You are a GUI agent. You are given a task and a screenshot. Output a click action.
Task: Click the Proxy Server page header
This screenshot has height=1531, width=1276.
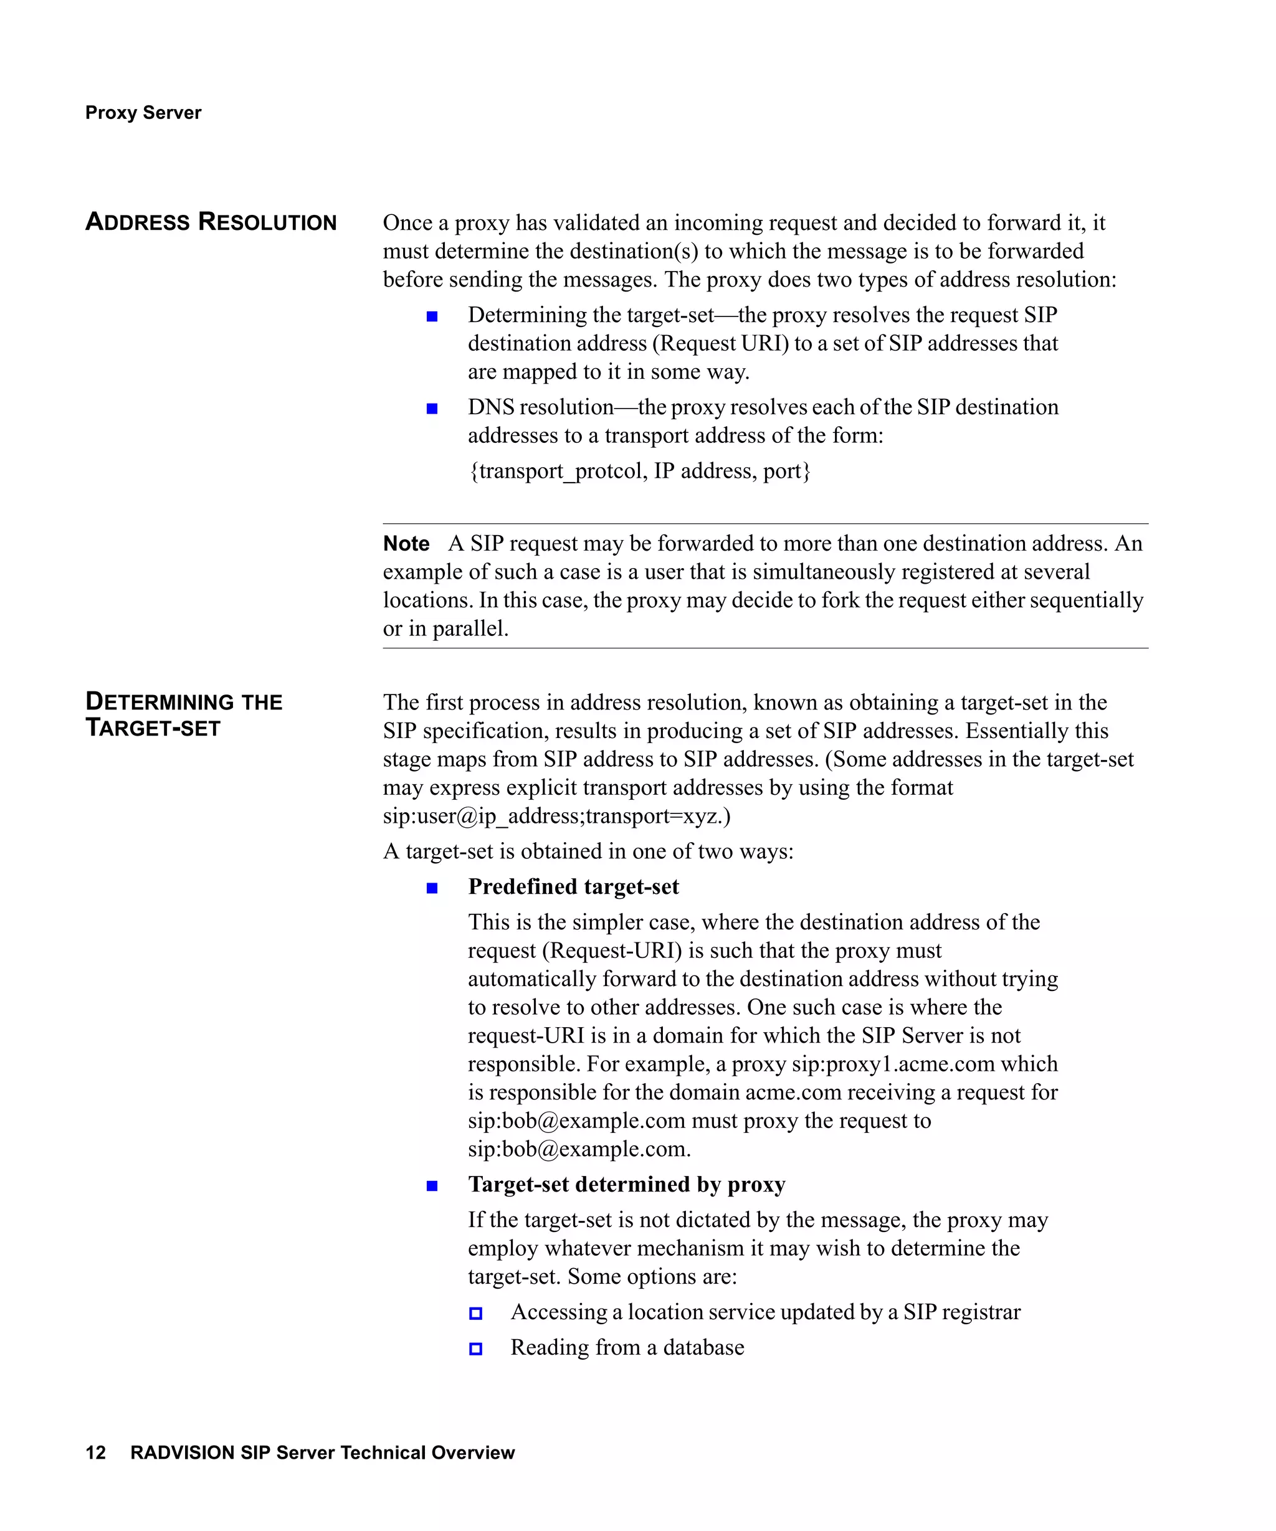(x=143, y=112)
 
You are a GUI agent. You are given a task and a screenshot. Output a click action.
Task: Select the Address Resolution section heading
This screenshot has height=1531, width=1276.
(x=211, y=222)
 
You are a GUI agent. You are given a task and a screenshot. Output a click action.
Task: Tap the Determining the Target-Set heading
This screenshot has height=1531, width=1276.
(x=183, y=714)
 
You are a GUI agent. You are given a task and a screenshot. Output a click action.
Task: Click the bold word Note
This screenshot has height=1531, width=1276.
(x=406, y=544)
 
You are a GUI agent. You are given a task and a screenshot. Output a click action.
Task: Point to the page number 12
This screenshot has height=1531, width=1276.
(x=95, y=1453)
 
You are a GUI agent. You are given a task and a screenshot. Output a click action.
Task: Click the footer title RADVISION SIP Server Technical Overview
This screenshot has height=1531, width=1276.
(x=322, y=1453)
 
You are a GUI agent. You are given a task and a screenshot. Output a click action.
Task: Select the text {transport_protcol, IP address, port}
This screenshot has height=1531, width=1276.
(x=639, y=471)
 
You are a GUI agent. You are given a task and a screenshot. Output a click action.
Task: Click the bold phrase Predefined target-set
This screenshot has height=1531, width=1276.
(x=573, y=886)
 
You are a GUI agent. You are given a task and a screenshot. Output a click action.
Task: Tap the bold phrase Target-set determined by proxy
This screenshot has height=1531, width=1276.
(x=626, y=1184)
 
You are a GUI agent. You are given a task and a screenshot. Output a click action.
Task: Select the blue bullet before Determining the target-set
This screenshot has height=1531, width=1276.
(x=432, y=316)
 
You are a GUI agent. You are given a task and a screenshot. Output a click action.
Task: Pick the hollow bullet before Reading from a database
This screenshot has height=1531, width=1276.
(x=475, y=1349)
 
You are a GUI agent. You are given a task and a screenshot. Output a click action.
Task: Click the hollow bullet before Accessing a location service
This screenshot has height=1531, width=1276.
(x=475, y=1313)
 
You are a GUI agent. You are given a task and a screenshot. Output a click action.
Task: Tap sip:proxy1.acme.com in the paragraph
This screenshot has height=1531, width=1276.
(x=893, y=1064)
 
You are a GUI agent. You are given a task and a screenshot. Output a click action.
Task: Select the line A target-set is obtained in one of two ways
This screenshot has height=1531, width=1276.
(x=588, y=851)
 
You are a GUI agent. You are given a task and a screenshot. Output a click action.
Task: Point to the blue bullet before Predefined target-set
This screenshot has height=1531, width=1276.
(x=432, y=888)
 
